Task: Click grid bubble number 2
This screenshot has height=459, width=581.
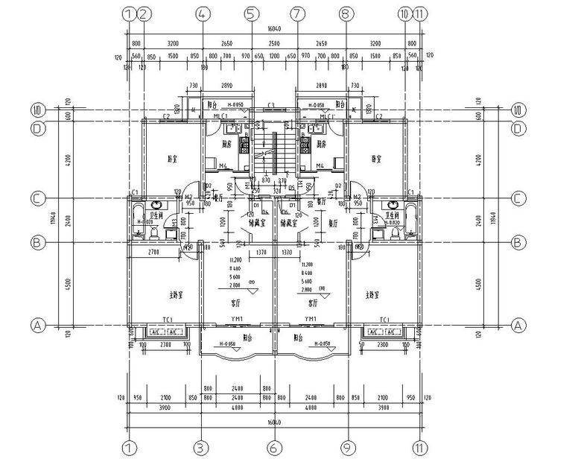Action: (x=145, y=14)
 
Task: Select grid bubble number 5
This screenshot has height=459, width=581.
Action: (x=250, y=14)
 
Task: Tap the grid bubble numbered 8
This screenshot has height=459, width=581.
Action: (x=345, y=14)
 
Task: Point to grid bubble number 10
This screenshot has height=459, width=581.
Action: (x=404, y=14)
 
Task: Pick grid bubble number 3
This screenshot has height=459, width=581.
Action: (x=201, y=447)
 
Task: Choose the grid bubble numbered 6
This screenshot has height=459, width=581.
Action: (x=273, y=447)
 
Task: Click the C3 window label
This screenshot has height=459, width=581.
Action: (x=272, y=105)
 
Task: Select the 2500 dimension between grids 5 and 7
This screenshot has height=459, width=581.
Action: (x=274, y=44)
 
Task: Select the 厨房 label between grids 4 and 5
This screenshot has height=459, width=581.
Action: (x=226, y=144)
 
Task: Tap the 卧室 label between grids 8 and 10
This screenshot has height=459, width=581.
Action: (x=377, y=158)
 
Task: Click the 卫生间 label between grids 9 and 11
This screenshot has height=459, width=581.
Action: (x=393, y=216)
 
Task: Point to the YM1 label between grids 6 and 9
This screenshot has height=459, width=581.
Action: (x=310, y=320)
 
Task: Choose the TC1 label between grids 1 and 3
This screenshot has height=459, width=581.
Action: (x=165, y=320)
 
